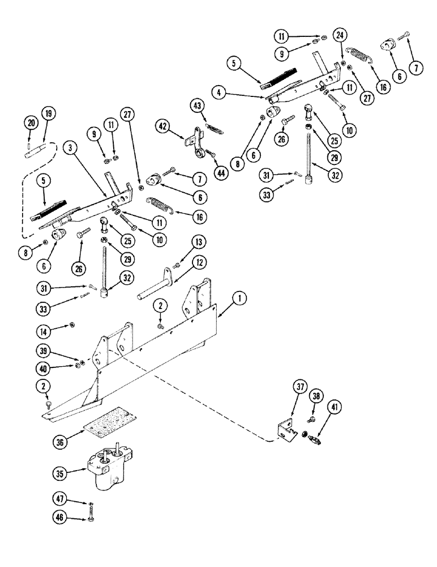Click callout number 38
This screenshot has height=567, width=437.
coord(316,397)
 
